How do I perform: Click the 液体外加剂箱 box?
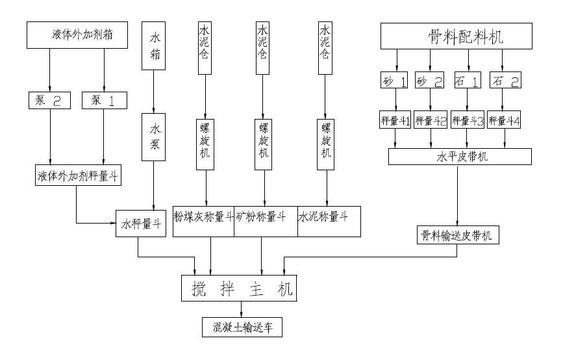pyautogui.click(x=77, y=34)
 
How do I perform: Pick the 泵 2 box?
pyautogui.click(x=49, y=100)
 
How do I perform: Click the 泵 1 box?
pyautogui.click(x=105, y=100)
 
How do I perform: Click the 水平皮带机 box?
pyautogui.click(x=459, y=157)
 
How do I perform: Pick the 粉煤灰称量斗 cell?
pyautogui.click(x=203, y=221)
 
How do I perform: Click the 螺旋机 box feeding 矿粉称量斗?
pyautogui.click(x=264, y=144)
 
